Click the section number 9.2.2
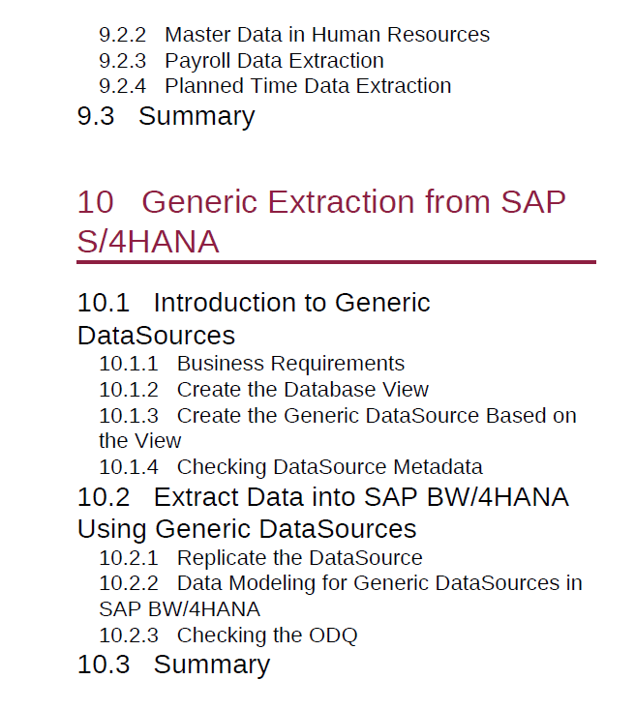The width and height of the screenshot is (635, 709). (123, 35)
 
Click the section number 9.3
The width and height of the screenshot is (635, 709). (96, 116)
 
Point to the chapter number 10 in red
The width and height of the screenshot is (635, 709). (95, 201)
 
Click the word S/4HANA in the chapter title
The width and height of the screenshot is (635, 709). (148, 242)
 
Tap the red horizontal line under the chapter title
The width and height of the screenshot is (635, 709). (336, 262)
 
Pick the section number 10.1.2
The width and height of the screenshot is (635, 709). (129, 390)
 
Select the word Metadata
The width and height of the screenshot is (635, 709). (438, 467)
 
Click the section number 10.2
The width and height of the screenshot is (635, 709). (104, 497)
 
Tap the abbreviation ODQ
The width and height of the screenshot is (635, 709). (333, 635)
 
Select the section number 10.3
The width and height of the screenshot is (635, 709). (104, 665)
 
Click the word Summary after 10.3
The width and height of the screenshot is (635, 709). (212, 665)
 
